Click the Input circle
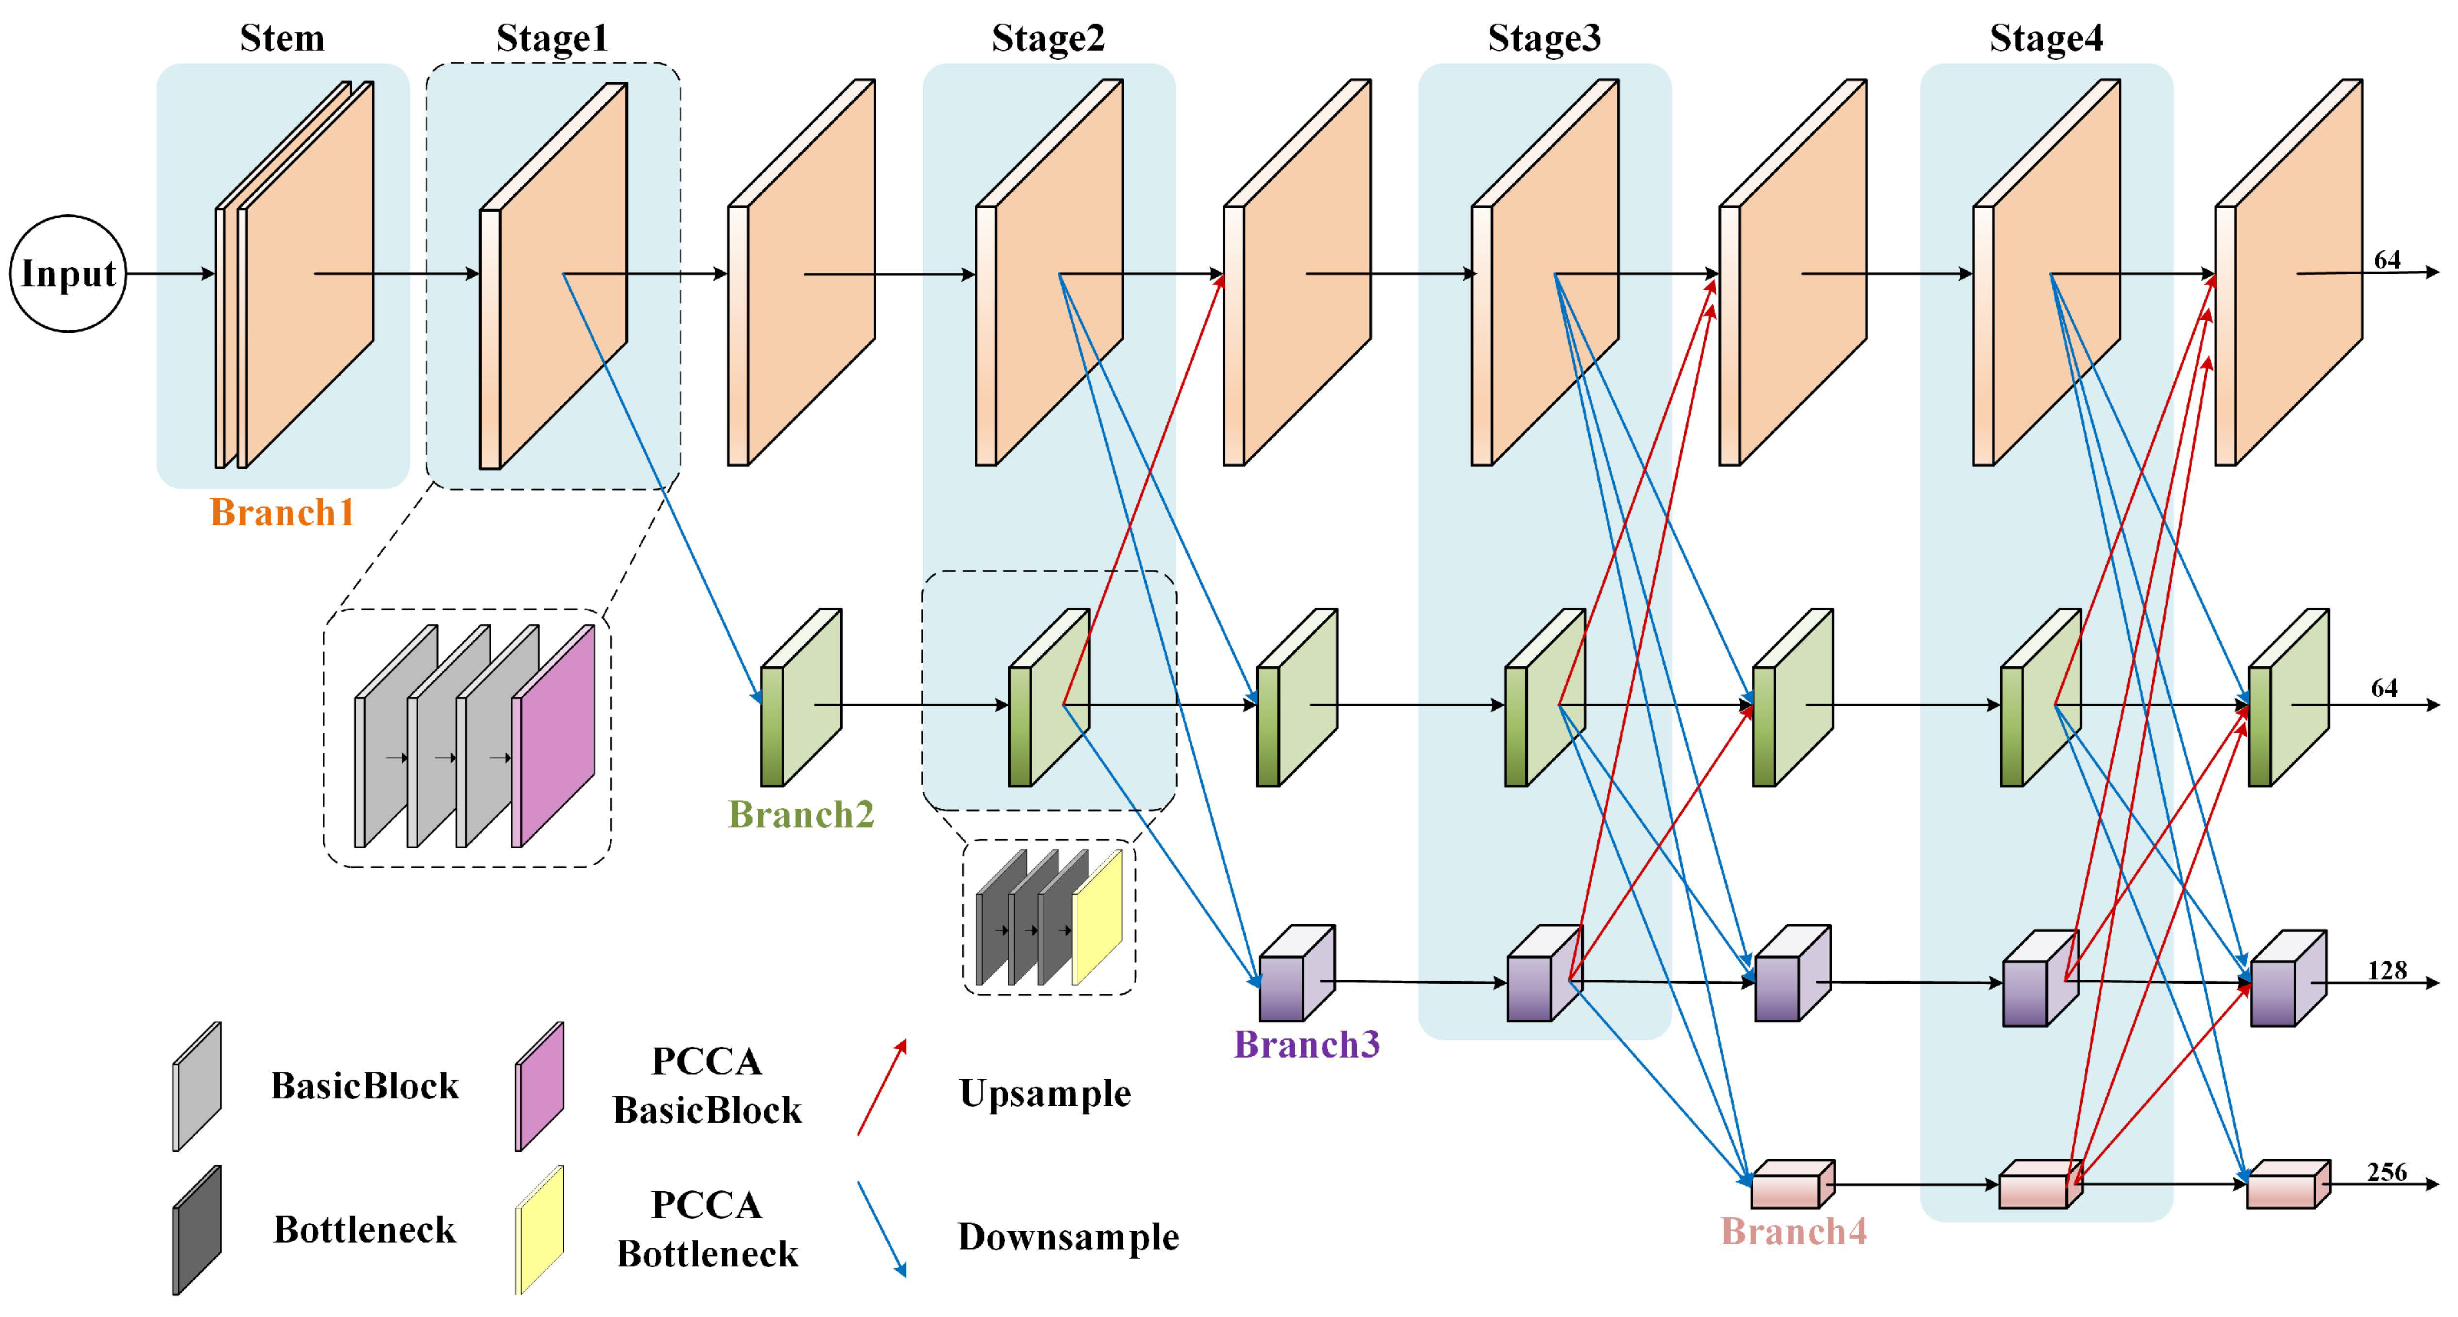click(x=68, y=274)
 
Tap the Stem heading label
click(x=282, y=38)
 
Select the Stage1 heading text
click(x=552, y=38)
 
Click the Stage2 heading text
click(x=1048, y=38)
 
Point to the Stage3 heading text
click(x=1544, y=38)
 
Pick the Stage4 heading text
click(x=2046, y=38)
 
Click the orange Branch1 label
click(x=282, y=513)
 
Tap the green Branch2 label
click(x=802, y=814)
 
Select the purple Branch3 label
click(x=1307, y=1044)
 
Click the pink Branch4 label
click(x=1794, y=1231)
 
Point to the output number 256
click(x=2387, y=1172)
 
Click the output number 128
click(x=2387, y=971)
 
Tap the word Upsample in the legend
click(x=1045, y=1094)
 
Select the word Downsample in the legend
click(x=1069, y=1237)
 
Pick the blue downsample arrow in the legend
click(x=881, y=1230)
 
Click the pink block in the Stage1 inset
click(x=553, y=736)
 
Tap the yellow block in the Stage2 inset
click(x=1097, y=917)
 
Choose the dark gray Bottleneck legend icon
click(x=196, y=1230)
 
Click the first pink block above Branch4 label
click(x=1793, y=1184)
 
